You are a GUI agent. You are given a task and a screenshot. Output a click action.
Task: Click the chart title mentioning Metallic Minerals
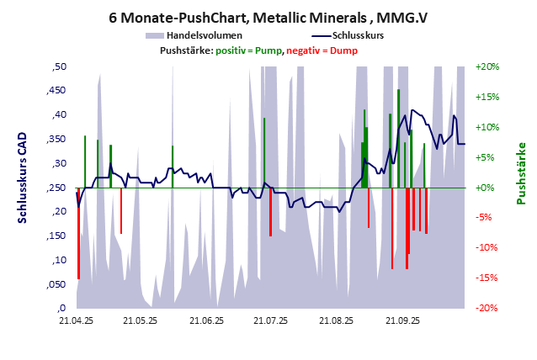click(268, 16)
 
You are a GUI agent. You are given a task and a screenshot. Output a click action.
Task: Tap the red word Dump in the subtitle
click(343, 50)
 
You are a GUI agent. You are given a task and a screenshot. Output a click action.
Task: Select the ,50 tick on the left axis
click(58, 66)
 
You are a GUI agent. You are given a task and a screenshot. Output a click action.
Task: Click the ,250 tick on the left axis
click(56, 188)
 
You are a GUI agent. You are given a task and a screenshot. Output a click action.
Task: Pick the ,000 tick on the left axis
click(56, 308)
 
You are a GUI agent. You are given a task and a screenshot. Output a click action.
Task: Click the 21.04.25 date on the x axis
click(76, 320)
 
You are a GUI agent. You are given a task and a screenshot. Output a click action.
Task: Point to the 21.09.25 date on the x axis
click(401, 320)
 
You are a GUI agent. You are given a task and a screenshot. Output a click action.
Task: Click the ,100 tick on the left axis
click(56, 260)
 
